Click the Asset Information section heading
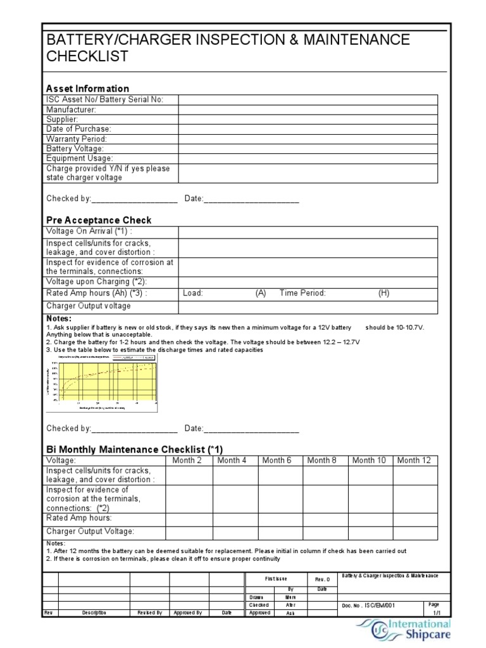click(x=87, y=89)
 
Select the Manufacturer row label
click(x=71, y=109)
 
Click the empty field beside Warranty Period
click(x=307, y=139)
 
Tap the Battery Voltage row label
click(x=75, y=148)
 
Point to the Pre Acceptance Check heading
click(x=99, y=220)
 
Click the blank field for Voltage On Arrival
click(x=307, y=232)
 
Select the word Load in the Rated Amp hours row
click(x=192, y=293)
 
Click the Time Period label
click(x=302, y=293)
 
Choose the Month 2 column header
click(x=187, y=460)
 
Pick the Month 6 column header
click(x=277, y=460)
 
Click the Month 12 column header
click(x=414, y=460)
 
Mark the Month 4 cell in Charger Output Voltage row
click(x=235, y=532)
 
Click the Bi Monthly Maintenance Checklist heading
click(x=134, y=449)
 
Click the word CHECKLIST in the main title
click(x=87, y=56)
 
